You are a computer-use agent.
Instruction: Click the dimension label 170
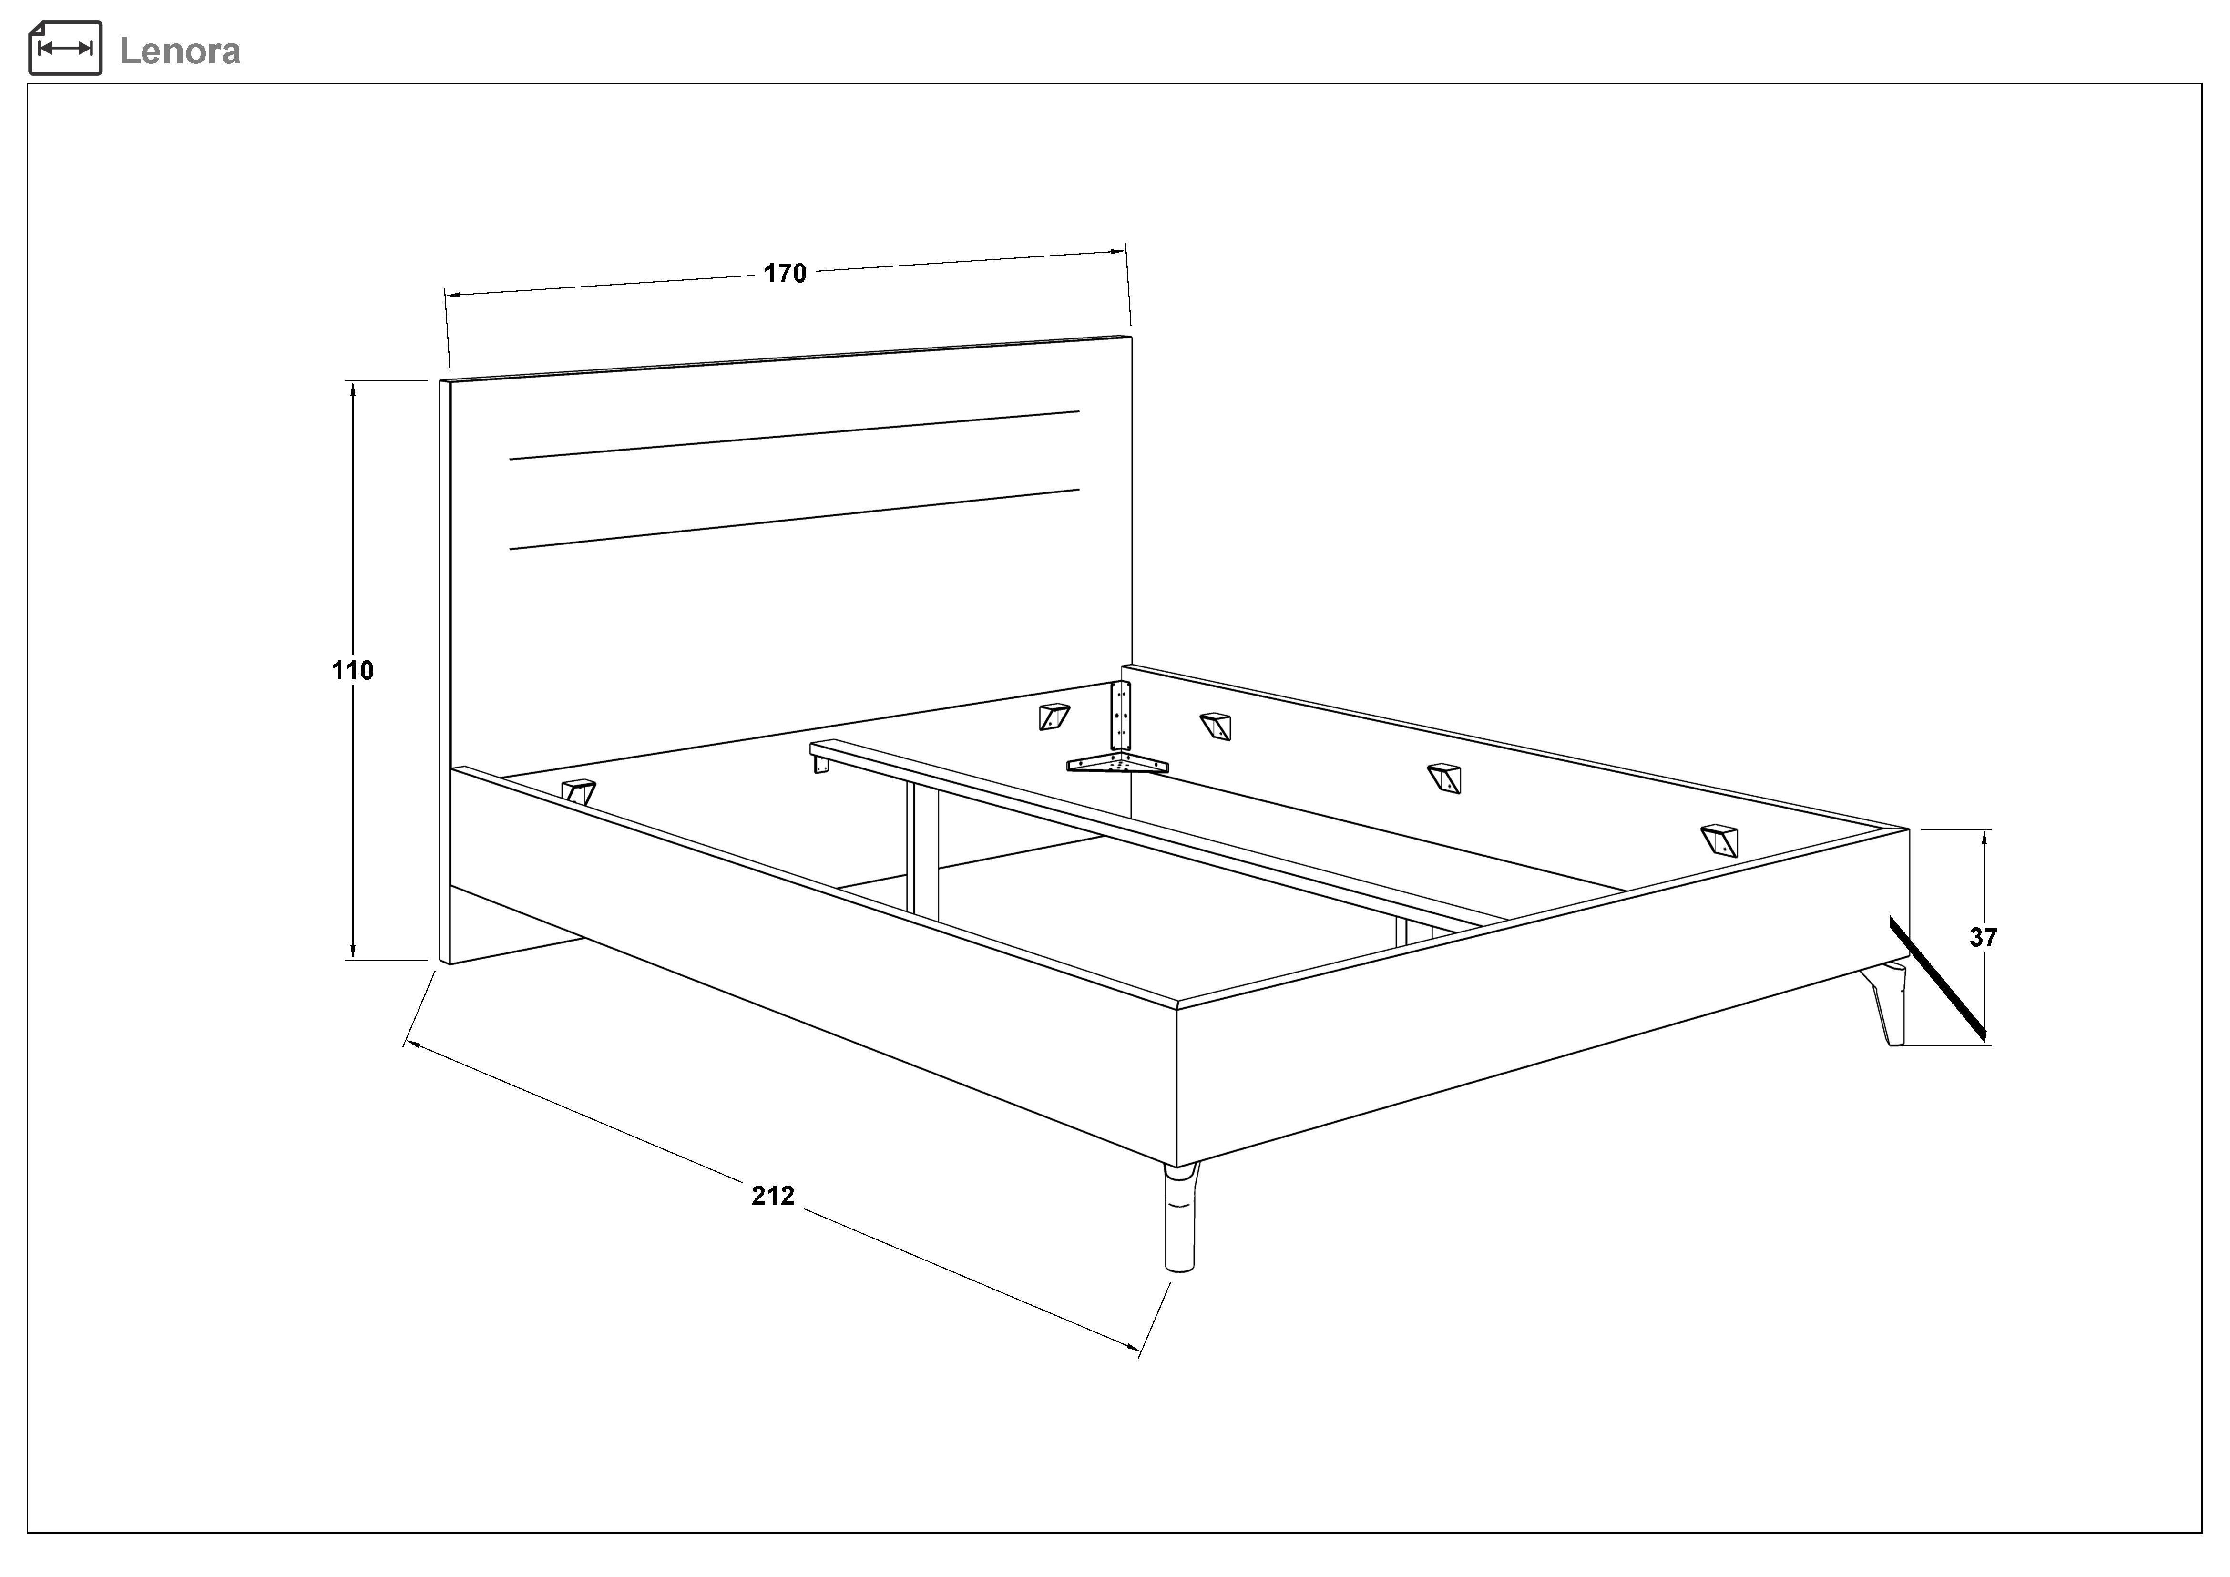tap(785, 274)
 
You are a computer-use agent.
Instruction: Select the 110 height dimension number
tap(353, 670)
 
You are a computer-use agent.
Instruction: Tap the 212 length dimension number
tap(773, 1195)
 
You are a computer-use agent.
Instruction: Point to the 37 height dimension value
tap(1983, 937)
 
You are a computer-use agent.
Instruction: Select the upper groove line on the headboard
tap(795, 435)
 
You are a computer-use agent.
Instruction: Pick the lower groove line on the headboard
tap(795, 519)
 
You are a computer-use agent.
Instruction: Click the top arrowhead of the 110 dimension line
tap(353, 389)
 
